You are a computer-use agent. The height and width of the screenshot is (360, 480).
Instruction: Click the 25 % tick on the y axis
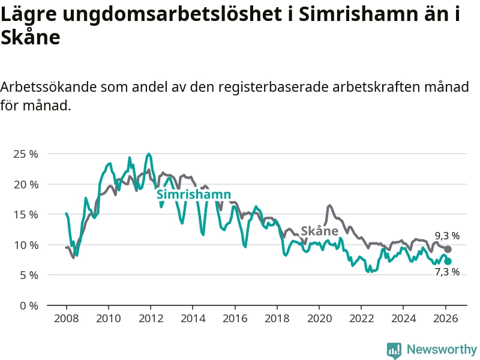pos(25,154)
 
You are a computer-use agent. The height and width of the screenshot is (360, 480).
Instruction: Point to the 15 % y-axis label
pos(25,214)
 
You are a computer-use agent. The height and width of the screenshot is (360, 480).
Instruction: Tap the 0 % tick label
pos(28,305)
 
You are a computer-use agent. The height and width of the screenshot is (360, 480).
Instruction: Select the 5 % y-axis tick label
pos(28,275)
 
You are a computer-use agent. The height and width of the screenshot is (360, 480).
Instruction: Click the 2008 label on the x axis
pos(65,318)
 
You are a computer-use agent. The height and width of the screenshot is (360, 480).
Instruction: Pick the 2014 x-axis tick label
pos(192,318)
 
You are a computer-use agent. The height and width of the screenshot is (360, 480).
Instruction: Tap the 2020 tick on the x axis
pos(319,318)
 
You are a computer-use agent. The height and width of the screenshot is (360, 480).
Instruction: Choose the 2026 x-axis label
pos(446,318)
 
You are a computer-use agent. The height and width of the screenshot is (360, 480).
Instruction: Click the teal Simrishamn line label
pos(193,194)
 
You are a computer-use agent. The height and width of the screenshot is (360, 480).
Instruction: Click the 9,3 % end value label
pos(447,236)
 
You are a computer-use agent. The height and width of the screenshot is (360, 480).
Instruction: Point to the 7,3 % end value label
pos(447,272)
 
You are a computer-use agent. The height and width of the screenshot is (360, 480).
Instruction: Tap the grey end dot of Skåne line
pos(448,249)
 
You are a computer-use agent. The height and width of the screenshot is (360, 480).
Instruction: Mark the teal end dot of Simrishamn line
pos(448,261)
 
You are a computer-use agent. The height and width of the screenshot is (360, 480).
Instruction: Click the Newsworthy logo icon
pos(394,350)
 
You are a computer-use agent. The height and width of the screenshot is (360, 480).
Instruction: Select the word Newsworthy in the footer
pos(442,349)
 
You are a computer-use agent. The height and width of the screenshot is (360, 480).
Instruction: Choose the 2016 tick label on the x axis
pos(235,318)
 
